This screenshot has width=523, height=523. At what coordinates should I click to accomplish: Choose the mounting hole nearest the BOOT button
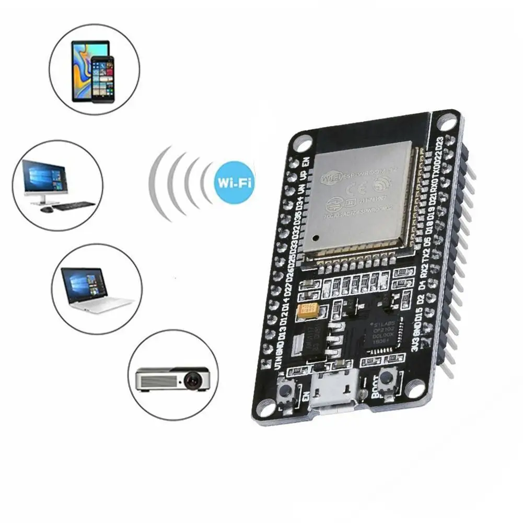point(416,388)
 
